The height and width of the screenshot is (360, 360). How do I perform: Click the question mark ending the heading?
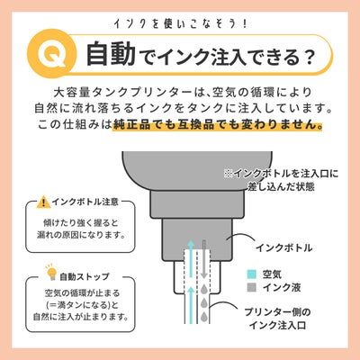pos(306,56)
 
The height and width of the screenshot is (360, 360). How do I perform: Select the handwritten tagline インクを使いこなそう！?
pos(180,24)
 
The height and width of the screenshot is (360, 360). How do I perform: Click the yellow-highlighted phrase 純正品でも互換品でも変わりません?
pos(216,124)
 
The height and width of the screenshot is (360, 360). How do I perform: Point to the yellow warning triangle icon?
pos(44,202)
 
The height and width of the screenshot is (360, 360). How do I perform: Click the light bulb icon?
pos(51,273)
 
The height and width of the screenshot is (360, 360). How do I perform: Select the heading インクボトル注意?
pos(85,202)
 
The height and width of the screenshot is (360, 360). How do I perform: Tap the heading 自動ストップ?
pos(85,276)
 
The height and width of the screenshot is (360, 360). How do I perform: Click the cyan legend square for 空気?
pos(252,274)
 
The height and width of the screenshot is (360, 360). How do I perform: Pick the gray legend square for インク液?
pos(252,287)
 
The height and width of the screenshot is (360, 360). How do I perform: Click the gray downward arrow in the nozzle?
pos(203,259)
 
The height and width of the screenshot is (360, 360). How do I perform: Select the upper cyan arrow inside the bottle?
pos(190,258)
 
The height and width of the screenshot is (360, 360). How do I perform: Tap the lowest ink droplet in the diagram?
pos(204,316)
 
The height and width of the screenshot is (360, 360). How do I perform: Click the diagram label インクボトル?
pos(283,247)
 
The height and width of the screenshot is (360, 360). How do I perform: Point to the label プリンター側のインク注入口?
pos(277,319)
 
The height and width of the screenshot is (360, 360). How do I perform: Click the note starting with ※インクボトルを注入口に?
pos(281,180)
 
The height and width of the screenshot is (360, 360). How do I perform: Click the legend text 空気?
pos(272,274)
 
